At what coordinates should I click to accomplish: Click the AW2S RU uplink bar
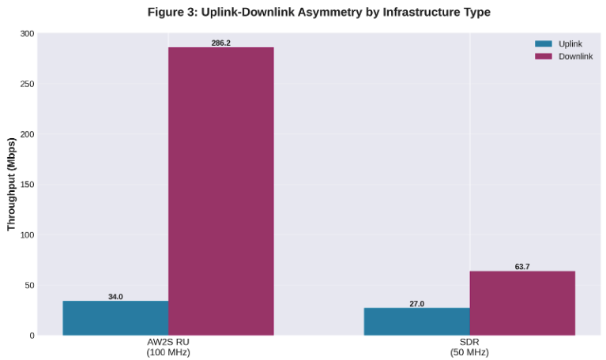115,317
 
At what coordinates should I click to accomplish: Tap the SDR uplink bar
416,321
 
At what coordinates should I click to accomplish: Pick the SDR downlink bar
522,303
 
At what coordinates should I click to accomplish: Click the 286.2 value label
220,43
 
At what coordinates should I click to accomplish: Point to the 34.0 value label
115,297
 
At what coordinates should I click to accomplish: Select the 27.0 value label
416,304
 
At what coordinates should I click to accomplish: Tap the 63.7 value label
522,267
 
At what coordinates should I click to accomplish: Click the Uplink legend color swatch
544,44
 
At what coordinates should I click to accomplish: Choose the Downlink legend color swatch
544,56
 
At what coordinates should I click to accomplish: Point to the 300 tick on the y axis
28,34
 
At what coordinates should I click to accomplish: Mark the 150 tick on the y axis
28,185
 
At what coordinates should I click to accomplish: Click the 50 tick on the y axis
30,285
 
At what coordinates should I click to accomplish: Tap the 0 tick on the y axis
32,336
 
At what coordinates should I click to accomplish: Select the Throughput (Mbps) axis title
11,185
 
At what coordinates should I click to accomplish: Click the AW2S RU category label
167,342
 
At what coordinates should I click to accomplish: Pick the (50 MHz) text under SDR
469,352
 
